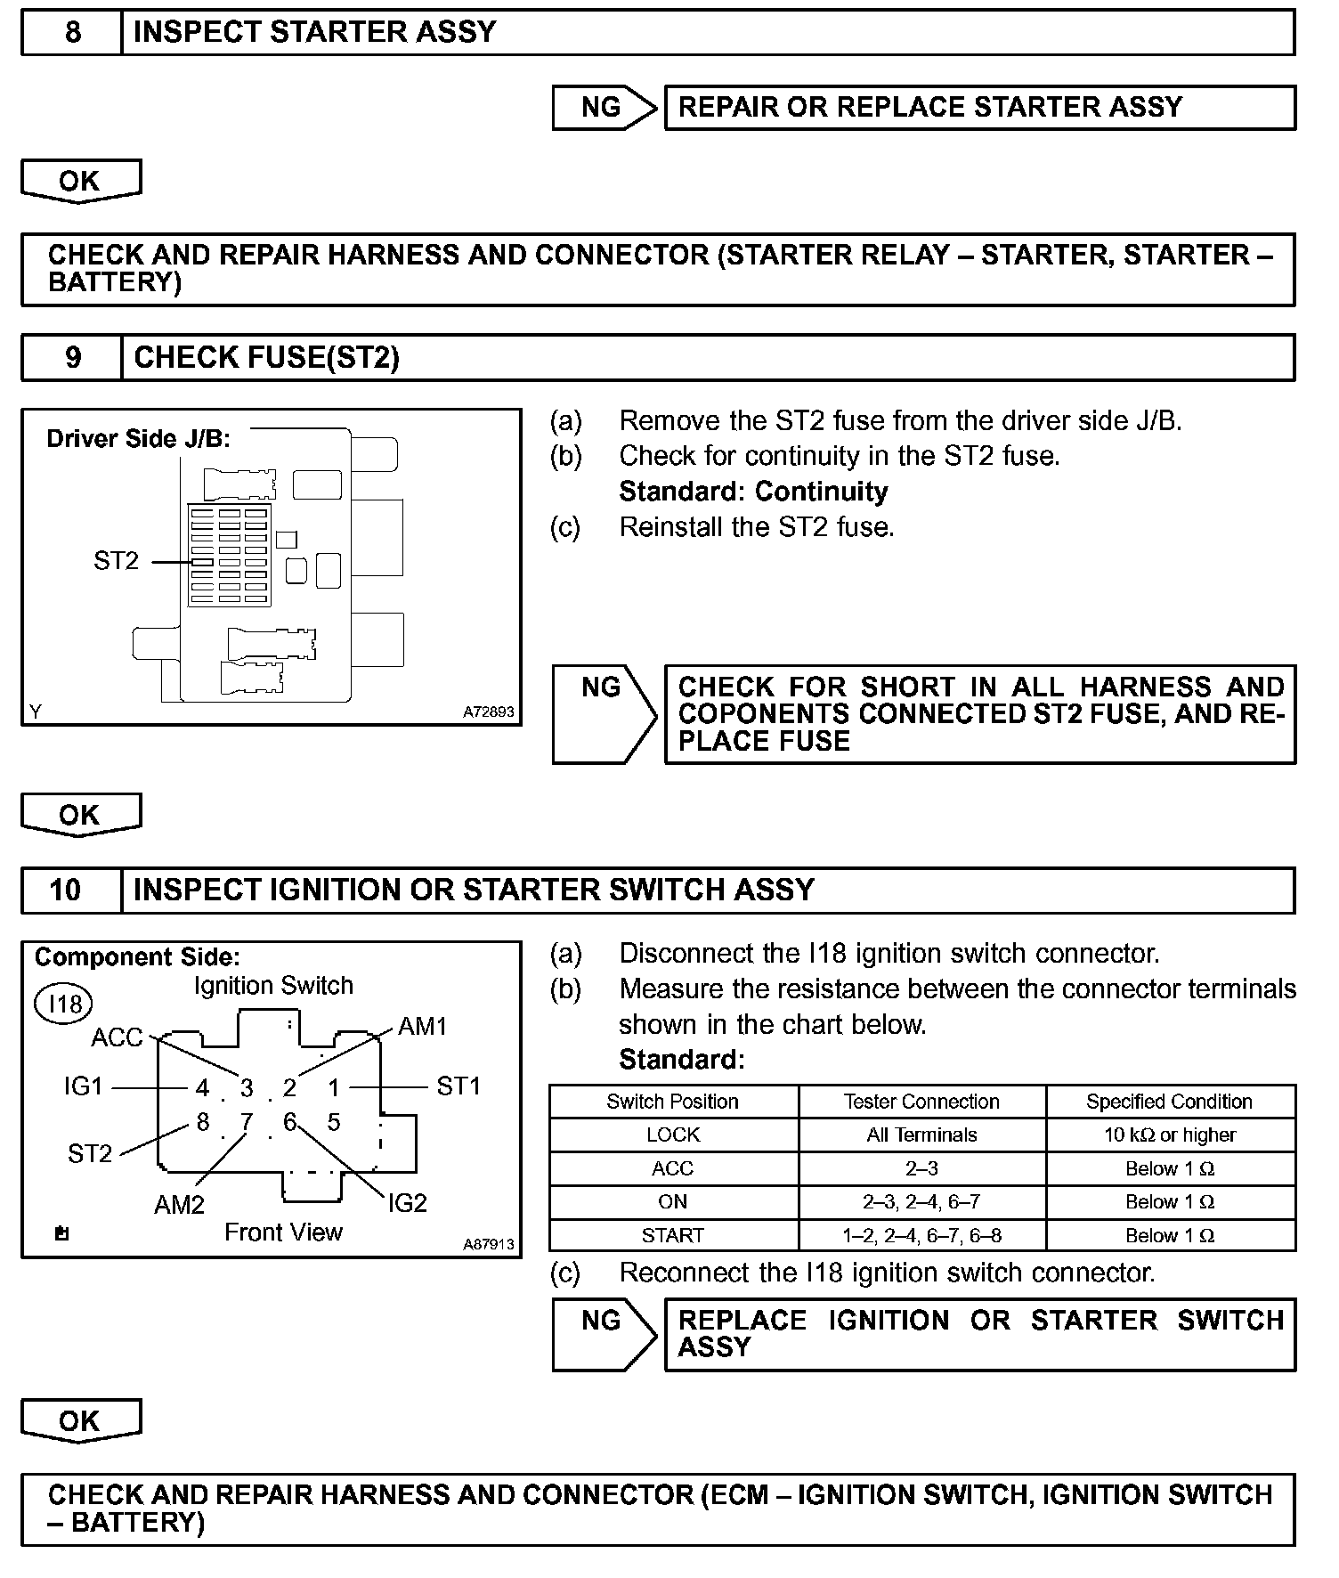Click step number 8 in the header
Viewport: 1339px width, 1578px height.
coord(72,33)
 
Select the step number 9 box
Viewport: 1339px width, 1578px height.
coord(72,358)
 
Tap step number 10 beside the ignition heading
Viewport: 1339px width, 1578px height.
coord(66,890)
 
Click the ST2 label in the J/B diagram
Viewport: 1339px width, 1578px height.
coord(116,561)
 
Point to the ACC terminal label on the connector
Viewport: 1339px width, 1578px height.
coord(117,1038)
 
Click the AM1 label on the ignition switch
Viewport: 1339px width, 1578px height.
coord(422,1027)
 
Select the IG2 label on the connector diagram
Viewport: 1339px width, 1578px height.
coord(408,1203)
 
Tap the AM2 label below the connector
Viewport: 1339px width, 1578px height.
coord(179,1205)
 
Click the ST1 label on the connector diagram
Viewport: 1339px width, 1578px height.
coord(459,1086)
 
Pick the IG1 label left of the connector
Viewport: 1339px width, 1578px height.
coord(83,1086)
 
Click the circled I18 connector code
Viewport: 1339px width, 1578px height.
coord(64,1005)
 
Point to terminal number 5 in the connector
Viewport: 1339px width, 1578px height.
coord(334,1122)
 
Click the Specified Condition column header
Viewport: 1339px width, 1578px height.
coord(1169,1102)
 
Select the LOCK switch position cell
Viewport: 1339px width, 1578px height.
coord(673,1135)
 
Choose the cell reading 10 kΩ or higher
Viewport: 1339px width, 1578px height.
coord(1169,1135)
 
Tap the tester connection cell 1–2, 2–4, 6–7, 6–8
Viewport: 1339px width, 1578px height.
coord(921,1236)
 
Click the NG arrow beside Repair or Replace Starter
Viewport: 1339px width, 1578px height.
coord(603,108)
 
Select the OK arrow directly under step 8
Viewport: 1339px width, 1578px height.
coord(80,182)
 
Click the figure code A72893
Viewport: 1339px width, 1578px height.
coord(488,712)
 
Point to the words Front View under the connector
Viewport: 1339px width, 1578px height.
coord(283,1232)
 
